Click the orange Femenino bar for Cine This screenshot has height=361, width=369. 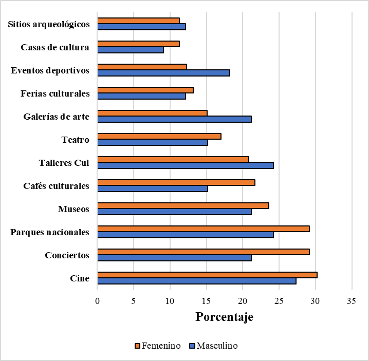tap(207, 275)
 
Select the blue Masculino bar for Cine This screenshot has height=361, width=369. tap(197, 281)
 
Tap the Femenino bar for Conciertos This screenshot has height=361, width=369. tap(204, 252)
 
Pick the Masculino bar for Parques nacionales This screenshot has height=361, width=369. tap(186, 235)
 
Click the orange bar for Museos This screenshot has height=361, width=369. tap(183, 205)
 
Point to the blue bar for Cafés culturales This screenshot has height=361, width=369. tap(153, 188)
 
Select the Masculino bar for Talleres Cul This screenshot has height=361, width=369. tap(186, 165)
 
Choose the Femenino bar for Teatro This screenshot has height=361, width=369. tap(159, 136)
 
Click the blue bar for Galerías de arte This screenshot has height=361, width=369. tap(174, 119)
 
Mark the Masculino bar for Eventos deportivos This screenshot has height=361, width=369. tap(163, 73)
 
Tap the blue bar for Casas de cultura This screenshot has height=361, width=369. tap(131, 50)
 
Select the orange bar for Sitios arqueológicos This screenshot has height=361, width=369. tap(138, 21)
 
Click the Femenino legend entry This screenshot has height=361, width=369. tap(158, 346)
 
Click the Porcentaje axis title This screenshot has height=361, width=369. tap(224, 317)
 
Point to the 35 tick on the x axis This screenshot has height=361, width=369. tap(352, 301)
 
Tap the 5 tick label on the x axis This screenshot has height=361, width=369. tap(134, 301)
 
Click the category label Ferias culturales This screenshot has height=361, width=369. tap(55, 93)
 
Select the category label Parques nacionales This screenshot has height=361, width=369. tap(49, 232)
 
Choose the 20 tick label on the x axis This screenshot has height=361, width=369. tap(243, 301)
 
